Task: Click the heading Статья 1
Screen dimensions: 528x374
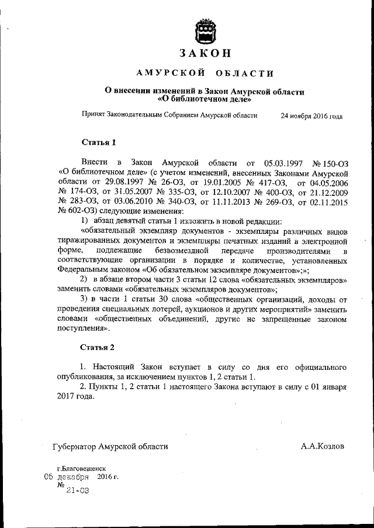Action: click(99, 142)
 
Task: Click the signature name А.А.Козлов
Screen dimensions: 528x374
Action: click(322, 446)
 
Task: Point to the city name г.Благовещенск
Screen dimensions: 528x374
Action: click(81, 468)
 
